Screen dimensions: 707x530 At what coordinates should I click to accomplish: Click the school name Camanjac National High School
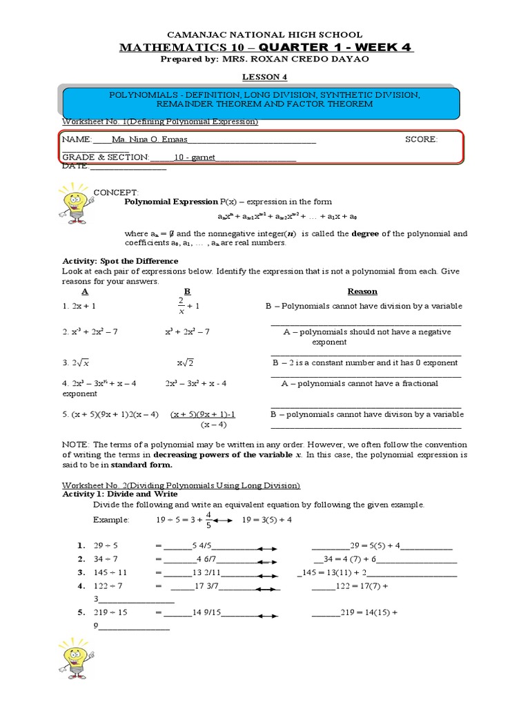(265, 35)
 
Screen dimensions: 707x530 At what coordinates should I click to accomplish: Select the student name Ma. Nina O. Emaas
(145, 139)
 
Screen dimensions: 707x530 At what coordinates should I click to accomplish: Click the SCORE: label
(420, 139)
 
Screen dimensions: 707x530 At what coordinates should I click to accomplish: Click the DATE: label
(75, 166)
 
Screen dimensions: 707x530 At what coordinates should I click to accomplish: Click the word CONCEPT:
(116, 191)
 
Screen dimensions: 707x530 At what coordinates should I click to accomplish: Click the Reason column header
(362, 291)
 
